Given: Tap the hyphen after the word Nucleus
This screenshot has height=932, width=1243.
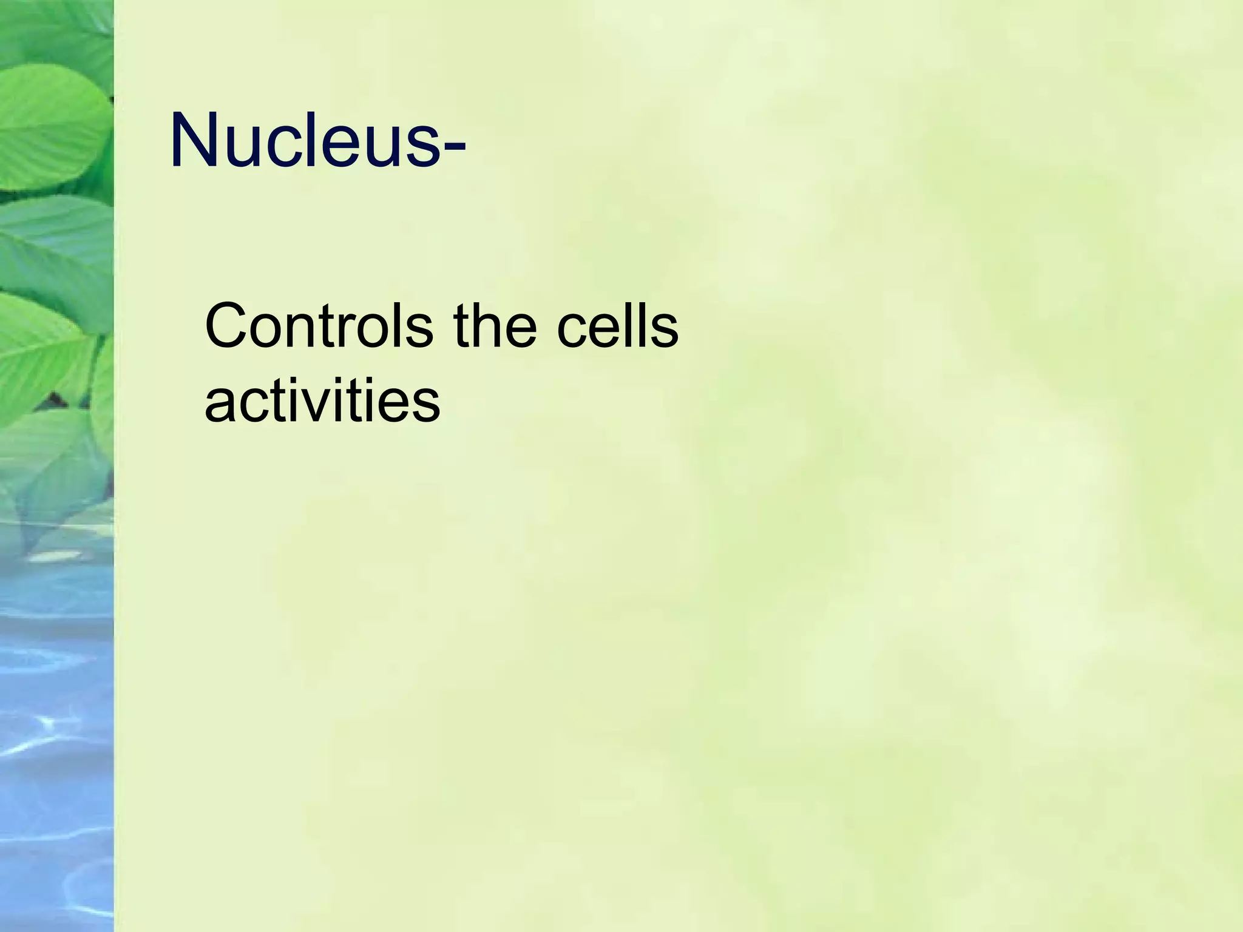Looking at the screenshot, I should tap(454, 146).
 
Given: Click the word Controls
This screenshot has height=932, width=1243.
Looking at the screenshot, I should tap(319, 327).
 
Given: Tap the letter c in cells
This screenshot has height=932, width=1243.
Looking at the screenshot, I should tap(572, 333).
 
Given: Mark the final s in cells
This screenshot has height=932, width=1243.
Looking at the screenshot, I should tap(663, 333).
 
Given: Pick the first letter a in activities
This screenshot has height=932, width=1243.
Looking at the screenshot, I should tap(220, 407).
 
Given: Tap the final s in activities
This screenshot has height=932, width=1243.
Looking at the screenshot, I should tap(425, 407).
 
